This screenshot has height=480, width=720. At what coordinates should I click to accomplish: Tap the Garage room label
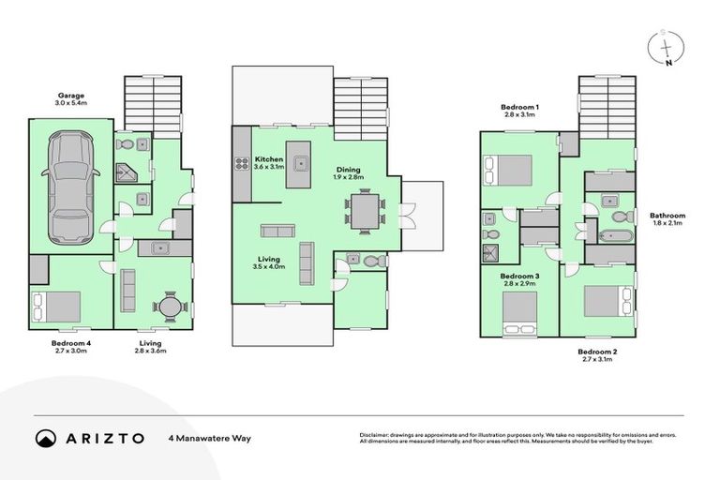[70, 95]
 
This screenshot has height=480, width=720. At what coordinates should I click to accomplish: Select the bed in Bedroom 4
[57, 306]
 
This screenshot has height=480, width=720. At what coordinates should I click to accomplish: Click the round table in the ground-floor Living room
[170, 306]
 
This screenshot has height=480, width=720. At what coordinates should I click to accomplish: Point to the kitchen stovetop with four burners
[240, 164]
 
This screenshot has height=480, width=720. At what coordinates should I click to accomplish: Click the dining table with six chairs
[364, 210]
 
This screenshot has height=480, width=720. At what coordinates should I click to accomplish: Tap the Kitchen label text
[269, 159]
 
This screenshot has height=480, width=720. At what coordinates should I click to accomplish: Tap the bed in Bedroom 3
[518, 310]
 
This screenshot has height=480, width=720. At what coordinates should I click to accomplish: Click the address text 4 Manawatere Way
[210, 438]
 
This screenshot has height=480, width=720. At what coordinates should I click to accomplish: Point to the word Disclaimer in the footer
[376, 435]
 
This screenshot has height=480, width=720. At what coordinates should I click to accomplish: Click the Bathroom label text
[667, 216]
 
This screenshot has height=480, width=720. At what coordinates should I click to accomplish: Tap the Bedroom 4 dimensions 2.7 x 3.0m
[70, 352]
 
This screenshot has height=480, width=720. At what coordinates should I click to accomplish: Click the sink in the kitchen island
[301, 163]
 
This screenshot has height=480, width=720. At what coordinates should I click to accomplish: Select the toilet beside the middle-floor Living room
[371, 262]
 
